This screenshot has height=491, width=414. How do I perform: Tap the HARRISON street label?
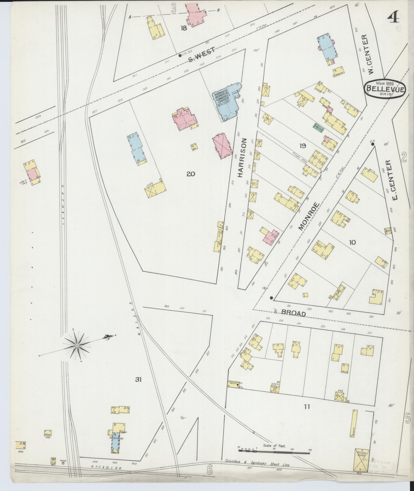(x=243, y=158)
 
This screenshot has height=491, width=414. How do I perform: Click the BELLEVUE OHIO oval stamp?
(x=386, y=89)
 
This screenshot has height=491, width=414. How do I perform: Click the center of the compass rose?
(x=77, y=345)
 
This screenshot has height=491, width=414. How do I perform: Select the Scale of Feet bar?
(x=275, y=450)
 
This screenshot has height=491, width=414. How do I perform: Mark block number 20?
(x=190, y=174)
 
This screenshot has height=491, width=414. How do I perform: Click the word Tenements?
(x=116, y=438)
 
